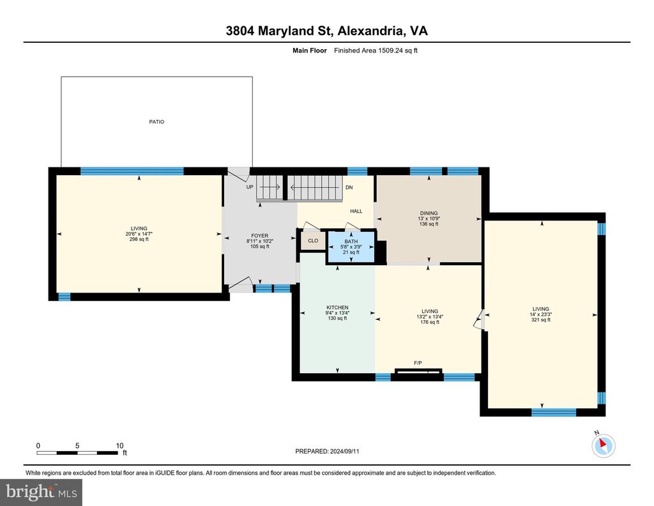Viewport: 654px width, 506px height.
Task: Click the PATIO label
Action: [x=157, y=122]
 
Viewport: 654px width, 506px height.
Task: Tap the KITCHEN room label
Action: [x=337, y=307]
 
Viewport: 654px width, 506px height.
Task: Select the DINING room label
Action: [x=429, y=213]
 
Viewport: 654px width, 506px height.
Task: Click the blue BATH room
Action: [x=351, y=247]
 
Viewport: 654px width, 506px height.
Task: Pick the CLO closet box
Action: [x=313, y=241]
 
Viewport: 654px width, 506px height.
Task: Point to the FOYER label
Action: [x=259, y=236]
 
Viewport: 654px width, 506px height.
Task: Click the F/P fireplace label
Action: [x=418, y=363]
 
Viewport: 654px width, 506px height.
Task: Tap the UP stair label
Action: [x=250, y=187]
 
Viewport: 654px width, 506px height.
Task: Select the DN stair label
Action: [x=349, y=187]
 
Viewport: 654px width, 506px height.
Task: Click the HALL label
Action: [x=356, y=211]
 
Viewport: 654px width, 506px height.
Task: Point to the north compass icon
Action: [x=603, y=445]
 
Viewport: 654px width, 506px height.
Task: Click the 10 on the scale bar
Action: [x=119, y=445]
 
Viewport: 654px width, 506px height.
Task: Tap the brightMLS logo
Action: [x=42, y=492]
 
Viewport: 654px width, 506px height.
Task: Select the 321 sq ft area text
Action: [x=540, y=320]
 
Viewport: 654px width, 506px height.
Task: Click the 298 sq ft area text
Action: [x=139, y=239]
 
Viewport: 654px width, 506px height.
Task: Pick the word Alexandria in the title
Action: [x=370, y=31]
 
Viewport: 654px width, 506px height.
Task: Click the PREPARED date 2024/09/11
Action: [x=344, y=451]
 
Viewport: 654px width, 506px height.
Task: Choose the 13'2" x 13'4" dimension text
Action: [x=430, y=317]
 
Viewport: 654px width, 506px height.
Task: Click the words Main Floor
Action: [x=310, y=50]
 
